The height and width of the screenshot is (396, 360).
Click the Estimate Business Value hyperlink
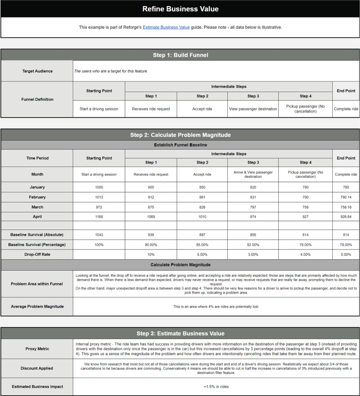pos(166,27)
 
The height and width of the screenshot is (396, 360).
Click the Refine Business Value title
pos(180,9)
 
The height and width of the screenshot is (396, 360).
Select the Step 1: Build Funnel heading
pos(180,55)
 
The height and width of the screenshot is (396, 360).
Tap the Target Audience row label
pos(37,71)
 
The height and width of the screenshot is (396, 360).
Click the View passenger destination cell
pos(253,109)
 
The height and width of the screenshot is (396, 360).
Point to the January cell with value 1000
pos(99,187)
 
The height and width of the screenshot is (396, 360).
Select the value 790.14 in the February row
pos(346,197)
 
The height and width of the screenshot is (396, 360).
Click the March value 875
pos(151,207)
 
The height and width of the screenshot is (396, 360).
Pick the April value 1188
pos(99,216)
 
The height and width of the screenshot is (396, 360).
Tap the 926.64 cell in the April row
pos(346,216)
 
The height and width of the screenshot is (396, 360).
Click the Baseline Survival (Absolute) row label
pos(37,235)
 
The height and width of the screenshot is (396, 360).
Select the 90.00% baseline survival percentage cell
pos(151,245)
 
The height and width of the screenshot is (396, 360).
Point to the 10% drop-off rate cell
pos(151,254)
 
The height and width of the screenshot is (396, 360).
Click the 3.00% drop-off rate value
pos(253,254)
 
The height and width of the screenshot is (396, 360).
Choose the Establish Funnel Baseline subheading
pos(180,145)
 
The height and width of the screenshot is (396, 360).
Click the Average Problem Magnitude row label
pos(37,306)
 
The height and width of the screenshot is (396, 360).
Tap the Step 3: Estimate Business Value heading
pos(180,334)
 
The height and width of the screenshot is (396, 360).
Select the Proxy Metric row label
pos(37,349)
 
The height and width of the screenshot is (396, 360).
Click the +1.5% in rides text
pos(216,387)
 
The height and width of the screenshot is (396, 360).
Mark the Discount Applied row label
pos(37,368)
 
